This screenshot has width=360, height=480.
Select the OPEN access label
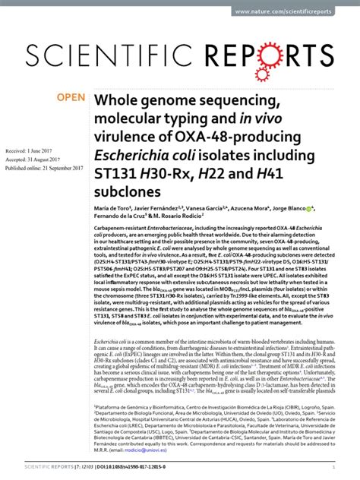click(74, 98)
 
